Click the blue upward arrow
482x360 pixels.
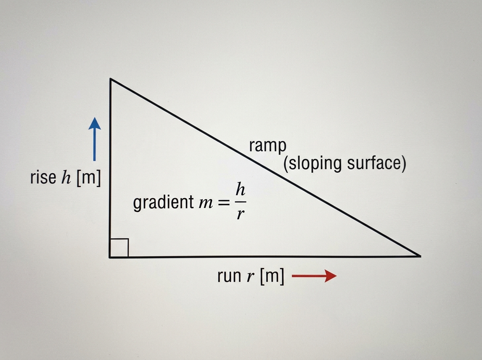click(x=95, y=139)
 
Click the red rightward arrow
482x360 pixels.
click(x=314, y=276)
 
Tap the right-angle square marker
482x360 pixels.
click(x=119, y=247)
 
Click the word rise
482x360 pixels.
click(x=43, y=177)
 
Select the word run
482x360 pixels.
click(x=229, y=276)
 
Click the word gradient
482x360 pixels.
click(x=163, y=202)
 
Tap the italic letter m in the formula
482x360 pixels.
click(x=206, y=204)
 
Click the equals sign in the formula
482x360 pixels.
click(x=224, y=203)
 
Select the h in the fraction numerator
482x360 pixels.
click(x=240, y=189)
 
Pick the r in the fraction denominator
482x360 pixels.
click(x=241, y=215)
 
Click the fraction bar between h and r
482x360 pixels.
click(x=241, y=202)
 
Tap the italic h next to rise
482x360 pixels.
click(x=66, y=177)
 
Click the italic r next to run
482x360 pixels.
click(x=251, y=277)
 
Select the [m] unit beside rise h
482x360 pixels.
click(x=89, y=178)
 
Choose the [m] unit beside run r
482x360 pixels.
click(x=272, y=276)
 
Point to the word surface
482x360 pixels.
click(x=374, y=164)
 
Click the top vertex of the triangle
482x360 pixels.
click(x=110, y=78)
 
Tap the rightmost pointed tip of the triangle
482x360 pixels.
click(x=421, y=256)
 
